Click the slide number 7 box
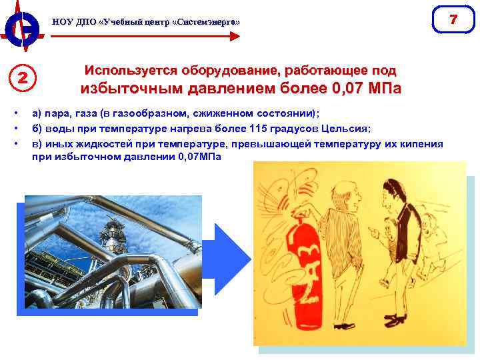pos(453,19)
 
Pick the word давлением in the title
pos(234,89)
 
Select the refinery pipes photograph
pos(113,253)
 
